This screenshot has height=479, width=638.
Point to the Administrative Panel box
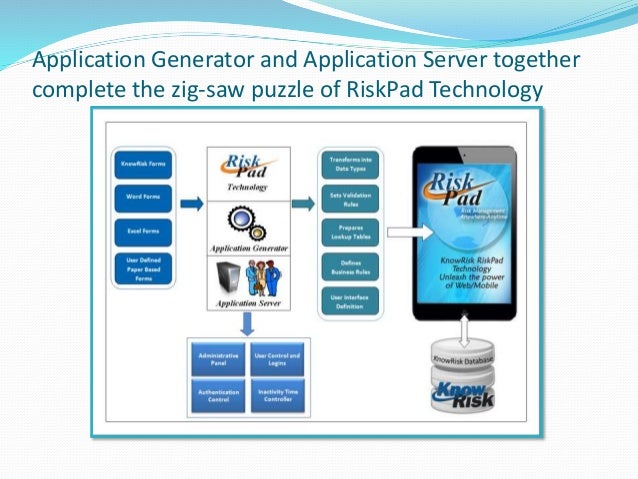coord(219,357)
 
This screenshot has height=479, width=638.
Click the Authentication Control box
coord(219,395)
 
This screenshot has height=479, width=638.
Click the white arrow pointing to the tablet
coord(401,233)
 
